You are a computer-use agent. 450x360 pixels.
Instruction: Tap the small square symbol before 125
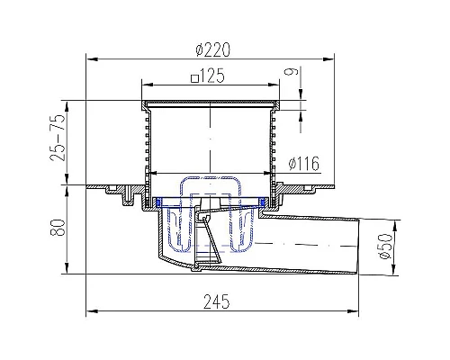pyautogui.click(x=195, y=78)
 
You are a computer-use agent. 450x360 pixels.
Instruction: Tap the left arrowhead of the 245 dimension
pyautogui.click(x=89, y=311)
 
